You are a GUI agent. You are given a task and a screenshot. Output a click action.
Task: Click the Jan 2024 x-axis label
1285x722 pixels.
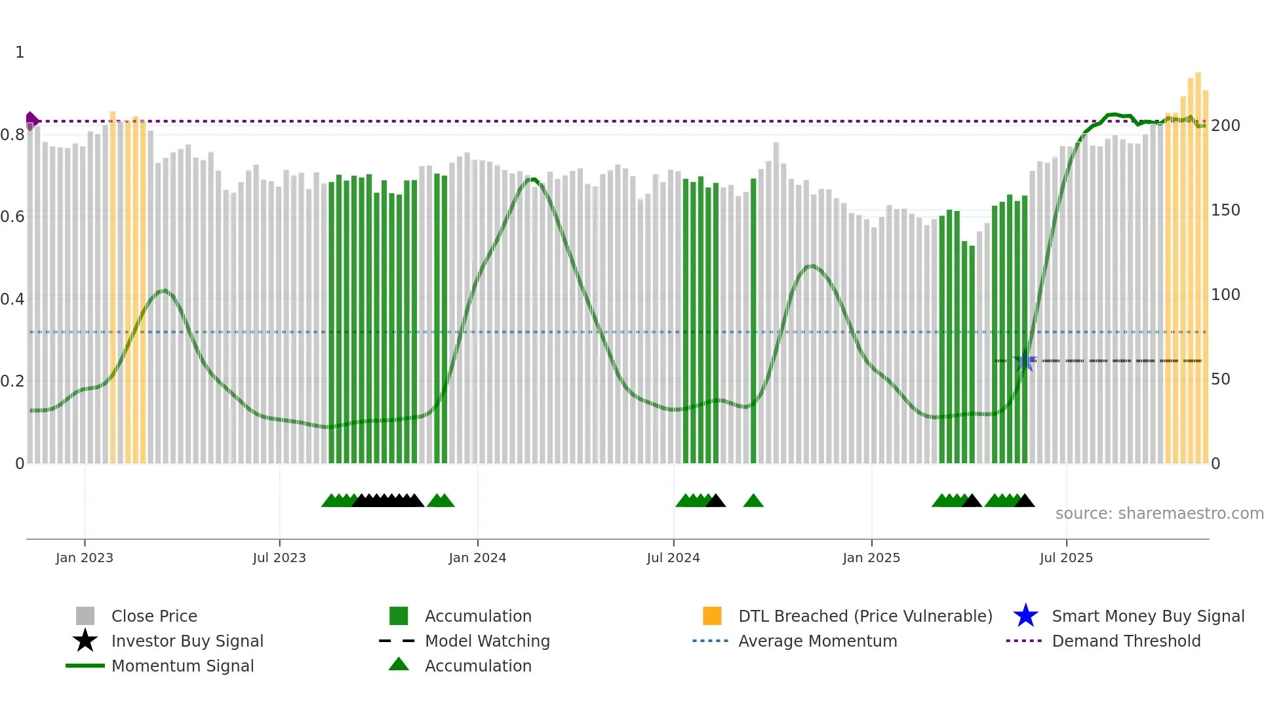pyautogui.click(x=477, y=558)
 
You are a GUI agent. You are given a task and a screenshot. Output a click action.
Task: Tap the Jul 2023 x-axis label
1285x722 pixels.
pyautogui.click(x=279, y=558)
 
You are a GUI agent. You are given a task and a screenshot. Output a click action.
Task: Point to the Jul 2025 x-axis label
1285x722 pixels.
pyautogui.click(x=1066, y=558)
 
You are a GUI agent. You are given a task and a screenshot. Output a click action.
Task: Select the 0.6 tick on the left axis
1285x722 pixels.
pyautogui.click(x=12, y=217)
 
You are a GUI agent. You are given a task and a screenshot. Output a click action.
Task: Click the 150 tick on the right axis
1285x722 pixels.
pyautogui.click(x=1225, y=210)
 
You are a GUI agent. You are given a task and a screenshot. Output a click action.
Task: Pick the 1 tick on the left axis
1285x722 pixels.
pyautogui.click(x=20, y=52)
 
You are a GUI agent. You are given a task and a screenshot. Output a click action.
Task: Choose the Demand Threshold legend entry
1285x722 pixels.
pyautogui.click(x=1126, y=641)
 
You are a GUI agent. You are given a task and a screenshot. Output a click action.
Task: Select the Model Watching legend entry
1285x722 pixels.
pyautogui.click(x=486, y=641)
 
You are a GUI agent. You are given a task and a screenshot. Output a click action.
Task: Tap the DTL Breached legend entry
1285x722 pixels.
pyautogui.click(x=865, y=617)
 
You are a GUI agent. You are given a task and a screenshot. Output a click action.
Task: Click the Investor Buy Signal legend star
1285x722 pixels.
pyautogui.click(x=85, y=641)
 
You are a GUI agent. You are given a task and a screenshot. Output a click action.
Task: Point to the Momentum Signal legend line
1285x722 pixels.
pyautogui.click(x=85, y=666)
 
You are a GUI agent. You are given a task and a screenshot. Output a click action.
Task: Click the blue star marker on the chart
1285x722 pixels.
pyautogui.click(x=1024, y=361)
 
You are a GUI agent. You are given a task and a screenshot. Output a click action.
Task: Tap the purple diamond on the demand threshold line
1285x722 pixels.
pyautogui.click(x=31, y=121)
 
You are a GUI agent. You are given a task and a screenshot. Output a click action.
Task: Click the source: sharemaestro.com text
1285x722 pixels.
pyautogui.click(x=1159, y=514)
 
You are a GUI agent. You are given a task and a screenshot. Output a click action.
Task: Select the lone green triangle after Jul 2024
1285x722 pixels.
pyautogui.click(x=753, y=501)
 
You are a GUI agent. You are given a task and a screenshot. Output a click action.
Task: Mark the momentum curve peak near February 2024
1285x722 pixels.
pyautogui.click(x=532, y=179)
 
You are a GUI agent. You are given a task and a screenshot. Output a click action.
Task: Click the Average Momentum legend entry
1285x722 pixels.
pyautogui.click(x=817, y=641)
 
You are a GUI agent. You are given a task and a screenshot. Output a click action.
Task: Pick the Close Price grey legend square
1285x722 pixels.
pyautogui.click(x=85, y=616)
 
